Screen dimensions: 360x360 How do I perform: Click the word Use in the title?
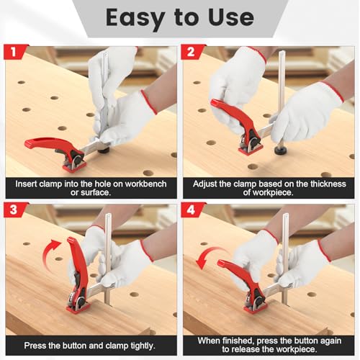231,17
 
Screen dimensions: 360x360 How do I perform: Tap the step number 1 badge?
14,52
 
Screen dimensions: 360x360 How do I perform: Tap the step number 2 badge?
192,52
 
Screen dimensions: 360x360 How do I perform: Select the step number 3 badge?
14,210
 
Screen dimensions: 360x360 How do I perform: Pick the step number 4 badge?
192,210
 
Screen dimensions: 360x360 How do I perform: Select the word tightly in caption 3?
143,346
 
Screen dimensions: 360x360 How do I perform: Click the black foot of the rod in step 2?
280,151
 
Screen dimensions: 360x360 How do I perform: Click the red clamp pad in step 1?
74,166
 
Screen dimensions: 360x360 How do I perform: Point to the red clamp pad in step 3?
77,308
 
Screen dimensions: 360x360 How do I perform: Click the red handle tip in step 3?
71,240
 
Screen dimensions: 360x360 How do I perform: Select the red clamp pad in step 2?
250,149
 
